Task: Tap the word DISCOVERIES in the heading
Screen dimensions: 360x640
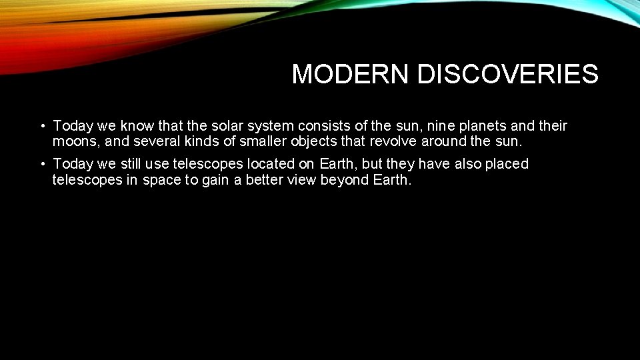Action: pos(507,75)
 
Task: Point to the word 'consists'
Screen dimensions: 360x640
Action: pos(326,126)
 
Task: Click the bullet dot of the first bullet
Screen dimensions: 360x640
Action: pos(42,126)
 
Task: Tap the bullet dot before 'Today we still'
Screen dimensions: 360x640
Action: pos(42,164)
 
